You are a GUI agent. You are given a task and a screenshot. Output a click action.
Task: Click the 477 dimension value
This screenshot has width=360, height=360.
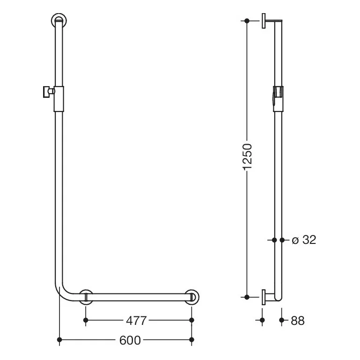[136, 321]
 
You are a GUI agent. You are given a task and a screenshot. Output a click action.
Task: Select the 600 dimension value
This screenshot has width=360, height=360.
[130, 340]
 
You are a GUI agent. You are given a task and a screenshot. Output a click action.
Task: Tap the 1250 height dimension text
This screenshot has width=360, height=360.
[248, 157]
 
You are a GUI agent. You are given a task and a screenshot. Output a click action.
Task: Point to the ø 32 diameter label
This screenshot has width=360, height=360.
[304, 240]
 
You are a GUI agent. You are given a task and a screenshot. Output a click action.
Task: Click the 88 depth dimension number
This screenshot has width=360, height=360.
[298, 321]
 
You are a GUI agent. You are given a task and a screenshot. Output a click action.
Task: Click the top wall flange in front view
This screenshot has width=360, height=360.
[59, 21]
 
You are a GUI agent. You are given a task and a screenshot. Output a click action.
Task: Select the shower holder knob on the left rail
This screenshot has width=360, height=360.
[48, 92]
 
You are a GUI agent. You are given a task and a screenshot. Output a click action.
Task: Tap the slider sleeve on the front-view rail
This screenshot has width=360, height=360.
[59, 99]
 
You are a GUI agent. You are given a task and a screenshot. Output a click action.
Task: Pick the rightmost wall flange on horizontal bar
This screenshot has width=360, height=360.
[192, 297]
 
